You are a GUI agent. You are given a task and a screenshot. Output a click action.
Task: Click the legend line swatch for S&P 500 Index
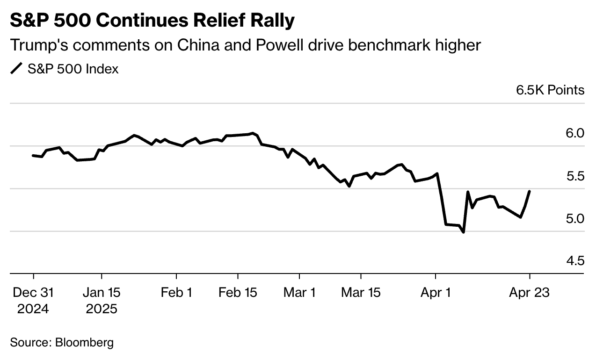coord(16,69)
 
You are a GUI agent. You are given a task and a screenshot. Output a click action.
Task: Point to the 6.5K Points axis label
coord(550,90)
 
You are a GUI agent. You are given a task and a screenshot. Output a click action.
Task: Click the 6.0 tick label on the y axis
coord(575,133)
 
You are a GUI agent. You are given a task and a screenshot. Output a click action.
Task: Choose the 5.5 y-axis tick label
coord(575,176)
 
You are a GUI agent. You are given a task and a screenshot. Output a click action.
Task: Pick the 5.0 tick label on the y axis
coord(575,219)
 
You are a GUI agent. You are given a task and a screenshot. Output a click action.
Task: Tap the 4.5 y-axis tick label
coord(575,261)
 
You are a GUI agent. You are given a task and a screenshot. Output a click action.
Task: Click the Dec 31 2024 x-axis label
coord(33,301)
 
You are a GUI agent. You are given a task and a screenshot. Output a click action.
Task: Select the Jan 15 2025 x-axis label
coord(102,301)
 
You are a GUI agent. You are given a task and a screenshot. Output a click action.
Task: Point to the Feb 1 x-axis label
coord(176,293)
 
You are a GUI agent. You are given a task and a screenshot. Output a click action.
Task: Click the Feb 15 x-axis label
coord(238,293)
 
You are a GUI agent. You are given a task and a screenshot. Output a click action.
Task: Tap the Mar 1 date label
coord(299,293)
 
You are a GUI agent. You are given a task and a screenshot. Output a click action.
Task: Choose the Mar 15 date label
coord(361,293)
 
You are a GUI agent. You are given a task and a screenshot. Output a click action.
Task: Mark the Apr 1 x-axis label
coord(436,293)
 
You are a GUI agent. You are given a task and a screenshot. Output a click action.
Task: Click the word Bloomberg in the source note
coord(84,343)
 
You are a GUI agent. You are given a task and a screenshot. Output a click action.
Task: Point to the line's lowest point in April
coord(463,232)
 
